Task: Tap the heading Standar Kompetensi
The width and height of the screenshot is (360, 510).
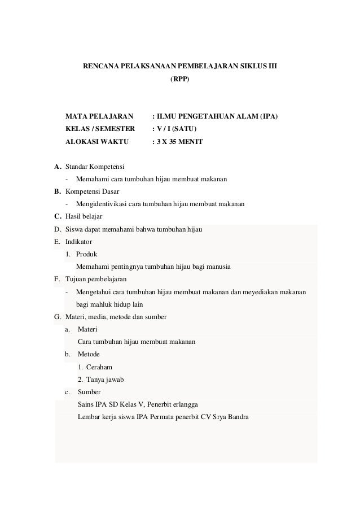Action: [95, 167]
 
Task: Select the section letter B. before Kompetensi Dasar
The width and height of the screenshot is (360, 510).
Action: [58, 191]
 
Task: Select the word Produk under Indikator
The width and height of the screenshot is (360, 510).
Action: [86, 254]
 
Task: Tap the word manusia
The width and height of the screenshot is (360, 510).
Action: [219, 266]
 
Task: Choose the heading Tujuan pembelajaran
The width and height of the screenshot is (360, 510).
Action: [96, 279]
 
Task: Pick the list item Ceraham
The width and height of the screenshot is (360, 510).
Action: [98, 367]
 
